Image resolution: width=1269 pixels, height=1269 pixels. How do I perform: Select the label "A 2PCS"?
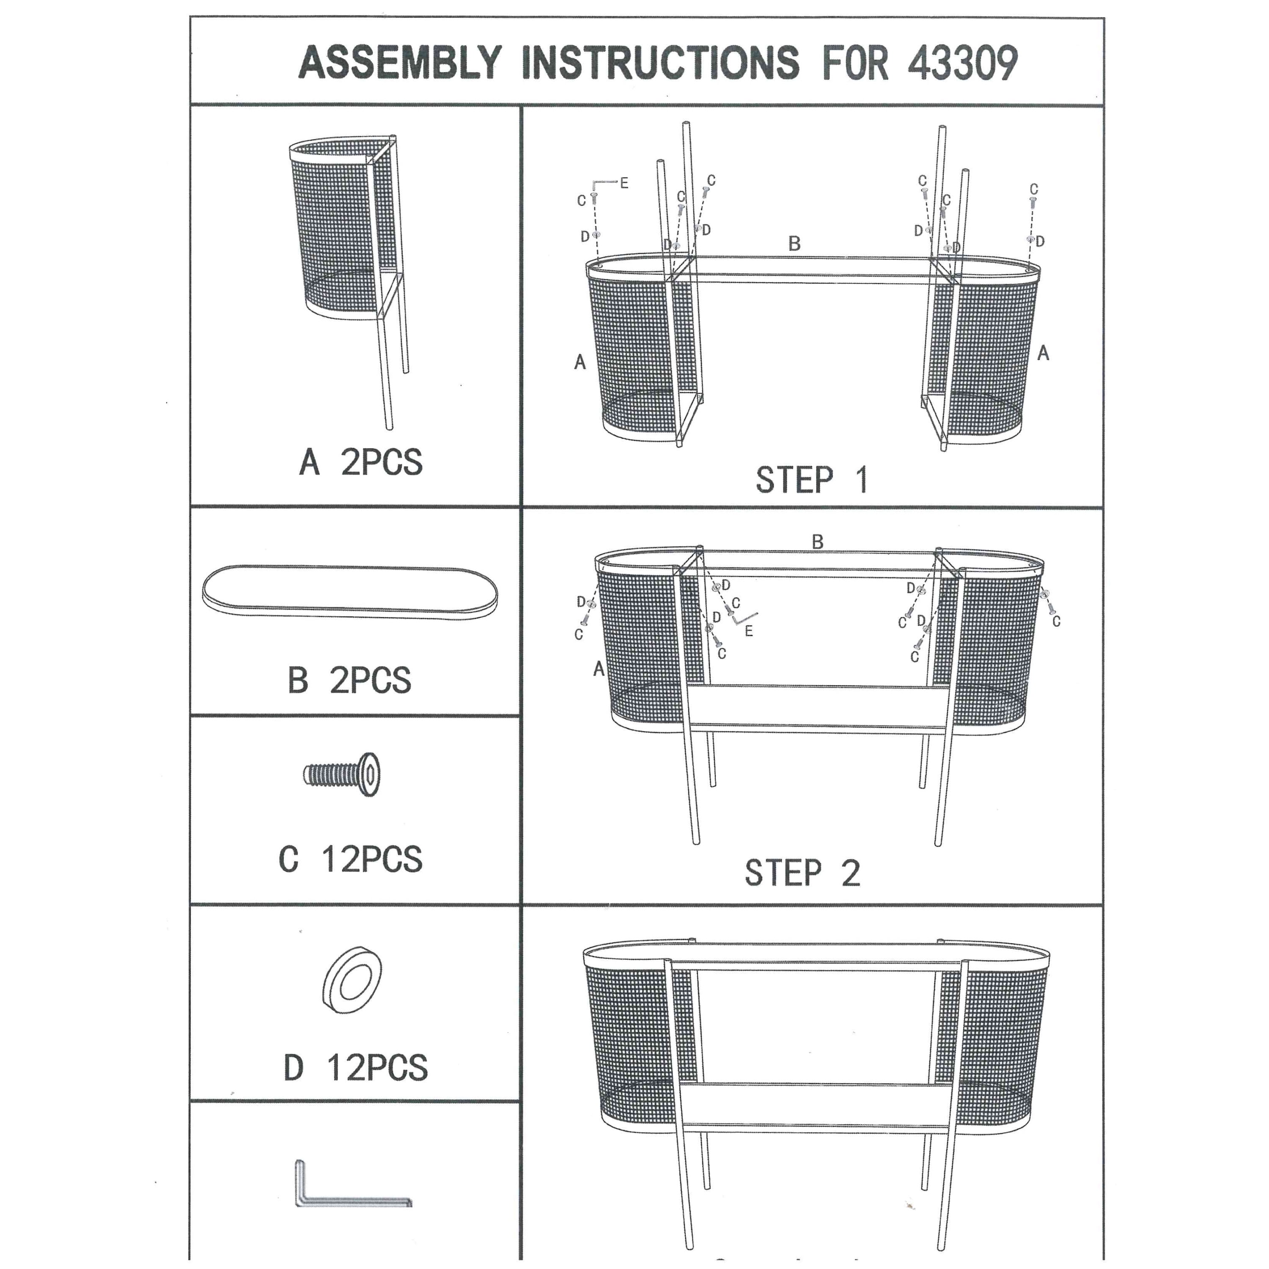point(360,462)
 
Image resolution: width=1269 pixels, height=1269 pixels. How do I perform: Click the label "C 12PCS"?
point(351,859)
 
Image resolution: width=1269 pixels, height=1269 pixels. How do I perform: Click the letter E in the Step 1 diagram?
point(624,183)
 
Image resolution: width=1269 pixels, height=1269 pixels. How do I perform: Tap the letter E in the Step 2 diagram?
point(749,631)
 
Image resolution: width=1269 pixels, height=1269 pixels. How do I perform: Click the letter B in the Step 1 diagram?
point(794,244)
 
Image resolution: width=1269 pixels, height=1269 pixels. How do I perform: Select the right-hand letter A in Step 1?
point(1043,353)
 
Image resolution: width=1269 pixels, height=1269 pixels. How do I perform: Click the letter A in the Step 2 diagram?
point(599,669)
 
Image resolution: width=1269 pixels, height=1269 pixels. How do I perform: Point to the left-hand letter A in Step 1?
point(580,362)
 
